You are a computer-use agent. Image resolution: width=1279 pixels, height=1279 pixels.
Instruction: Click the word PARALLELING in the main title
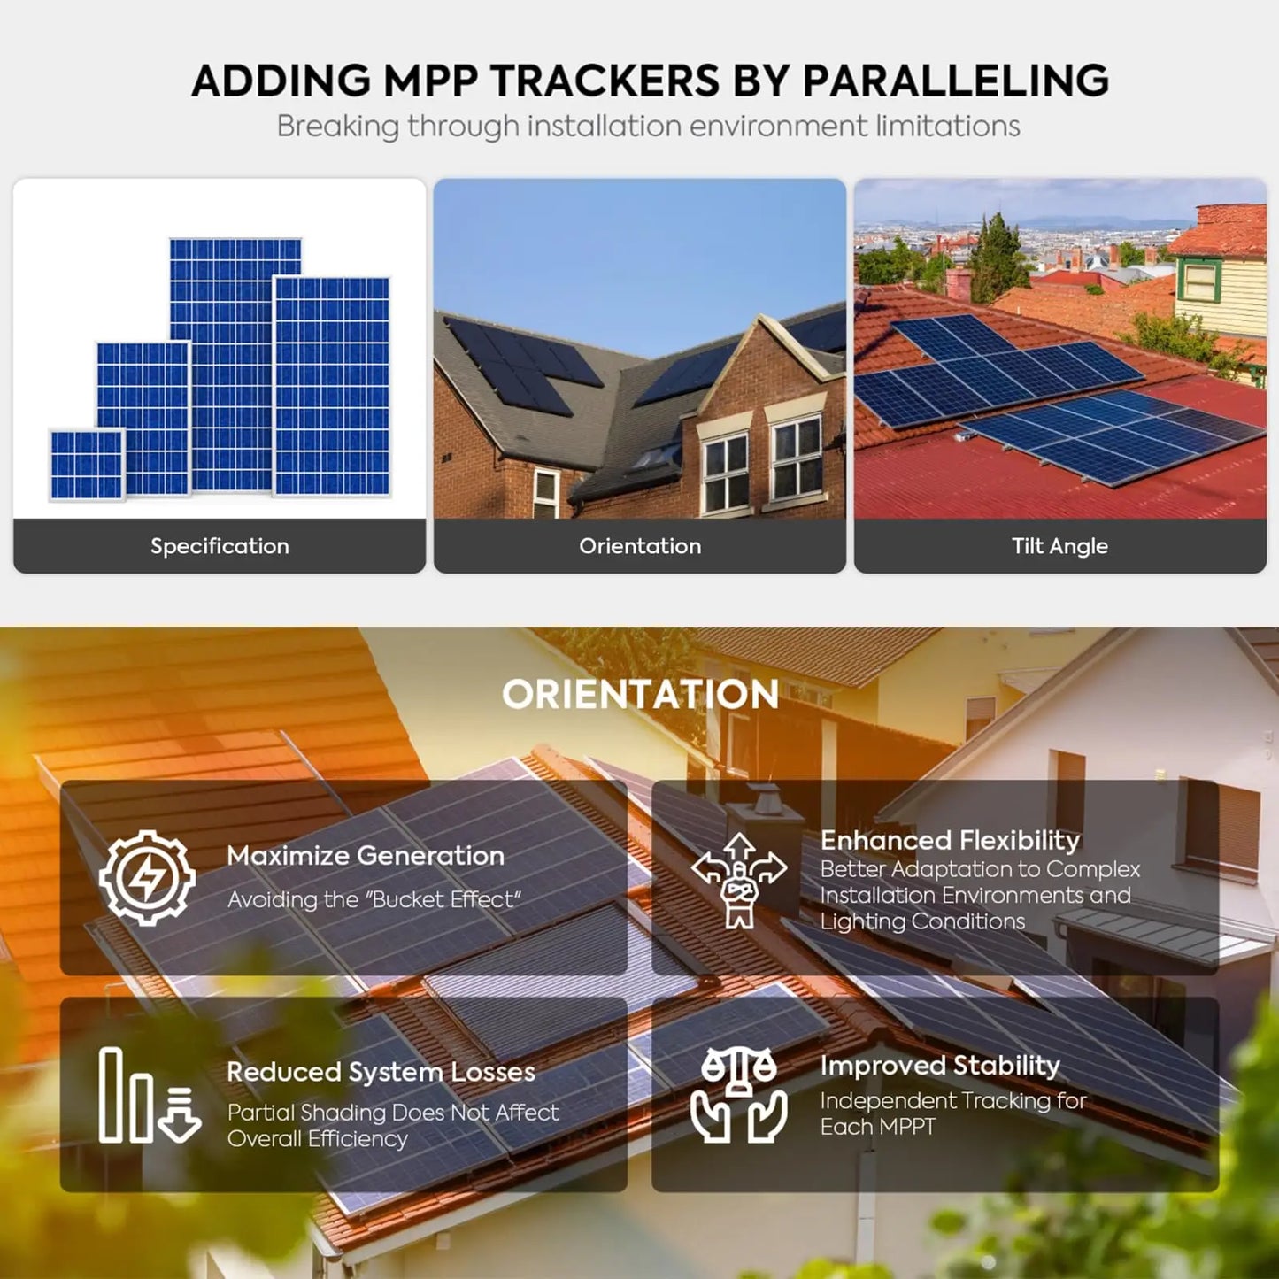click(955, 81)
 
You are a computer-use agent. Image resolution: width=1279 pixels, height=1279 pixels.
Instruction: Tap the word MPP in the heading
click(430, 81)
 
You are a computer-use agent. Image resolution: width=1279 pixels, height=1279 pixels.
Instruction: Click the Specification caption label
click(220, 546)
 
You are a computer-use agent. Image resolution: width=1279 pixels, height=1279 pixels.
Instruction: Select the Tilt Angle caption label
click(1059, 546)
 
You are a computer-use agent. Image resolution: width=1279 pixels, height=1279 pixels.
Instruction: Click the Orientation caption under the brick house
click(640, 546)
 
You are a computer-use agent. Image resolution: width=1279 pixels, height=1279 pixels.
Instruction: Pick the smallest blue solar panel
click(86, 465)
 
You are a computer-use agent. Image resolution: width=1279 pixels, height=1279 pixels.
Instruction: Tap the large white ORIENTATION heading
click(640, 695)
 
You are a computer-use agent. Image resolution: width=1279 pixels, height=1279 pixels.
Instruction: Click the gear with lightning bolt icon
click(147, 878)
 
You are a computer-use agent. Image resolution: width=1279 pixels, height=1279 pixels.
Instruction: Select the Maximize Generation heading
click(366, 856)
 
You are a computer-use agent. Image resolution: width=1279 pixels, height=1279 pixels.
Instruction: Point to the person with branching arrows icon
click(739, 881)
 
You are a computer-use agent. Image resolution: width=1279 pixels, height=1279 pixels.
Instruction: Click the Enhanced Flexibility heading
click(950, 840)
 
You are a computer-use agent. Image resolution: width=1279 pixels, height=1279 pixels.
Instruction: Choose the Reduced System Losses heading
click(381, 1072)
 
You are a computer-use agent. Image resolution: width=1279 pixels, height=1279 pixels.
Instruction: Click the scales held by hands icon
click(738, 1096)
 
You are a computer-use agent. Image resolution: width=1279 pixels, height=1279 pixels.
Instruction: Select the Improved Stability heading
click(939, 1066)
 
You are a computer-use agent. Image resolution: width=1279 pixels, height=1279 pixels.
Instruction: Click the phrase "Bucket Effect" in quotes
click(446, 900)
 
